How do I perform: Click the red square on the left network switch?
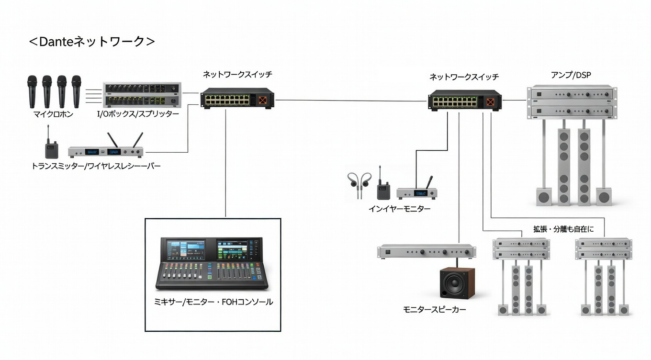[262, 100]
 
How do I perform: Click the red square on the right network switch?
[490, 101]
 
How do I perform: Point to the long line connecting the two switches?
[352, 101]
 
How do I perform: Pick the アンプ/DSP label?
[571, 74]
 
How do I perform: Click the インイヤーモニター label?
[399, 209]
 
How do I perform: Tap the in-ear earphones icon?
[359, 184]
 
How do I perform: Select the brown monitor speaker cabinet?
[457, 283]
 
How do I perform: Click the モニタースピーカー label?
[435, 310]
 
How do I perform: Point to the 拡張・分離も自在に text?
[563, 229]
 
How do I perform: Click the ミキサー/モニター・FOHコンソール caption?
[213, 302]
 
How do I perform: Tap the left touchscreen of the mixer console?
[186, 250]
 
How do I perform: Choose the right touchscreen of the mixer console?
[235, 250]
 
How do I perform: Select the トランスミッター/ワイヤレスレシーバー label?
[96, 166]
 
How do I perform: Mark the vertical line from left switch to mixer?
[225, 163]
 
